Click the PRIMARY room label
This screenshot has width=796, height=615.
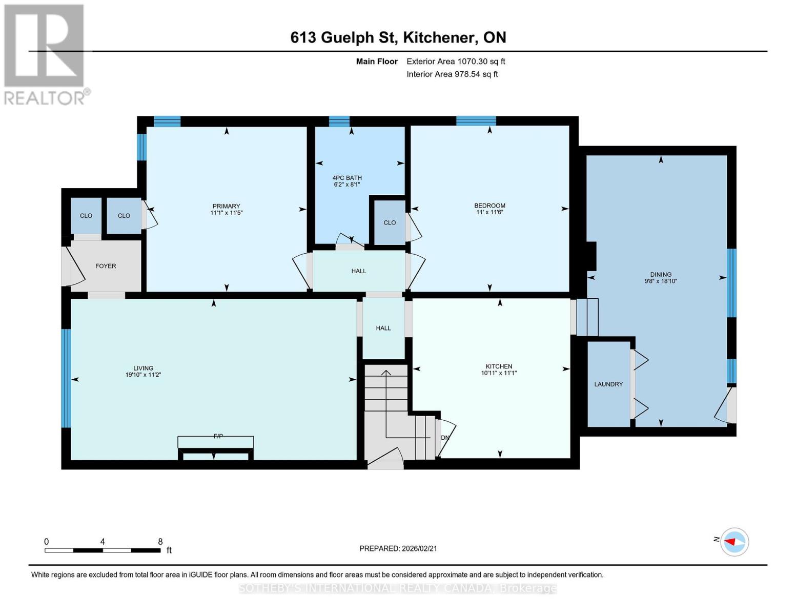[x=226, y=206]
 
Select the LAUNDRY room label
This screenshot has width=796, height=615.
[x=608, y=384]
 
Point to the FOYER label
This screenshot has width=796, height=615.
[x=106, y=266]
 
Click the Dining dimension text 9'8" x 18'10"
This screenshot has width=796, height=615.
[x=661, y=281]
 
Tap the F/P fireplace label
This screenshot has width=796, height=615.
[x=218, y=436]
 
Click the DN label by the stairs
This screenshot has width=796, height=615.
[x=445, y=438]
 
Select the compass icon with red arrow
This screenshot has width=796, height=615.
[x=734, y=542]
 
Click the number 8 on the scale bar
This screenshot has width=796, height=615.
[x=160, y=542]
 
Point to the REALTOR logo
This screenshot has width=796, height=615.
[x=45, y=54]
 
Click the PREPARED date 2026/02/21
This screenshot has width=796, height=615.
[x=398, y=548]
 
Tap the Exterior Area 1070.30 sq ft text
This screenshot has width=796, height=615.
[x=456, y=61]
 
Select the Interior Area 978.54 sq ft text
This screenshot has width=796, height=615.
[x=452, y=74]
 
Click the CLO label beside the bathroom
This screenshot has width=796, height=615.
[x=390, y=222]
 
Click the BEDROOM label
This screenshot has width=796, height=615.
[x=489, y=206]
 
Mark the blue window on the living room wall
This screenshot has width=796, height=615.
[x=66, y=378]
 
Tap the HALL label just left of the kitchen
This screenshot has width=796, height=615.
[x=383, y=328]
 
